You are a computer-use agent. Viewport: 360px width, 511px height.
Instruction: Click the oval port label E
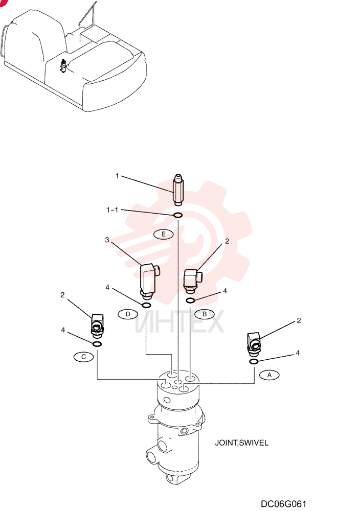pyautogui.click(x=163, y=234)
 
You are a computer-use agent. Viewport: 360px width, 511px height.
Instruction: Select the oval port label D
pyautogui.click(x=128, y=314)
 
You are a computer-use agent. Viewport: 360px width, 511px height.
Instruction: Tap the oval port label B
pyautogui.click(x=205, y=314)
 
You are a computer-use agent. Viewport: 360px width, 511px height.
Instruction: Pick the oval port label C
pyautogui.click(x=84, y=357)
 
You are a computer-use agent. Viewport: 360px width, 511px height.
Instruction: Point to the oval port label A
pyautogui.click(x=269, y=375)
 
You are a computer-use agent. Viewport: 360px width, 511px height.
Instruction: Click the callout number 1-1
pyautogui.click(x=112, y=210)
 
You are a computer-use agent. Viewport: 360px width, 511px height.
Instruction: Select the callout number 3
pyautogui.click(x=107, y=240)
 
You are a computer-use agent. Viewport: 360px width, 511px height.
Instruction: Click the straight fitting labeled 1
pyautogui.click(x=178, y=190)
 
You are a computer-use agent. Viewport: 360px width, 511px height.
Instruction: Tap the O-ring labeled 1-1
pyautogui.click(x=178, y=215)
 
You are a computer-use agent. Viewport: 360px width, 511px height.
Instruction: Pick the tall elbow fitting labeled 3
pyautogui.click(x=149, y=281)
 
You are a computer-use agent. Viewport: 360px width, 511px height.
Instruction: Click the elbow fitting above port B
pyautogui.click(x=193, y=279)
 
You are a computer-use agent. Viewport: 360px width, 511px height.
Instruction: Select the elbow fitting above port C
pyautogui.click(x=97, y=324)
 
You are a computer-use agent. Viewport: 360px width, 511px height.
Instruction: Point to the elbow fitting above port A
pyautogui.click(x=254, y=343)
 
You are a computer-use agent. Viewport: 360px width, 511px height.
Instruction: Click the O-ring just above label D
pyautogui.click(x=146, y=305)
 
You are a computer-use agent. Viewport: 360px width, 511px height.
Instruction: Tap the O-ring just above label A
pyautogui.click(x=254, y=361)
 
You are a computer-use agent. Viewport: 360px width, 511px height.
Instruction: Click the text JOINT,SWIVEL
pyautogui.click(x=242, y=443)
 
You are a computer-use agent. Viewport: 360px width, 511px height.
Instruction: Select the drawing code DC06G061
pyautogui.click(x=283, y=504)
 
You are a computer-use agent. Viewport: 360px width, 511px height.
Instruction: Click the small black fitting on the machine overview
pyautogui.click(x=63, y=66)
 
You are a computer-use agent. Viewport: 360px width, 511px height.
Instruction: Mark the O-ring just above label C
pyautogui.click(x=97, y=344)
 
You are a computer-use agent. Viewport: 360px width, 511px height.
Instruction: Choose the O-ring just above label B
pyautogui.click(x=191, y=300)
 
